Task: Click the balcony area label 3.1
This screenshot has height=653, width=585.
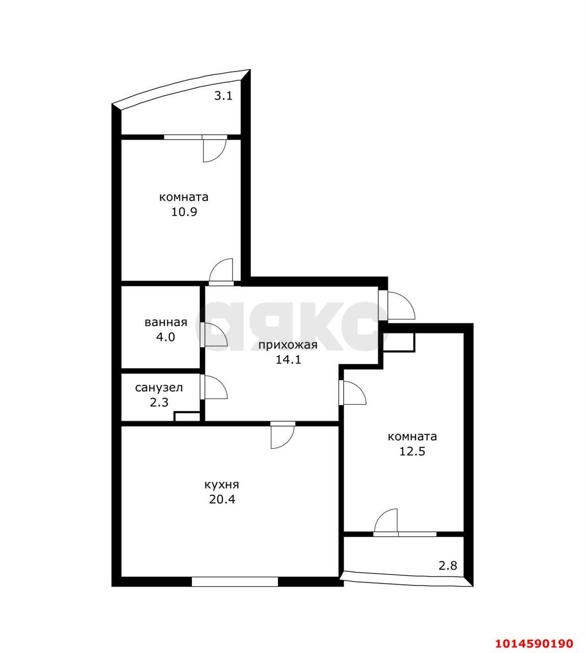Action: click(x=223, y=95)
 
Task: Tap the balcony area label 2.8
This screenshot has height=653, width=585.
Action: click(x=448, y=565)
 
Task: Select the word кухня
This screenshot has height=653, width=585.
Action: click(x=221, y=485)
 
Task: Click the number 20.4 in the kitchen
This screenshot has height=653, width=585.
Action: click(x=221, y=499)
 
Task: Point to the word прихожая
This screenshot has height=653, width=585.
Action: click(x=288, y=345)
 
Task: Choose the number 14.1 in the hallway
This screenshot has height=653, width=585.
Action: click(x=288, y=360)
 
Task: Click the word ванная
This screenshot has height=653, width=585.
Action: click(x=166, y=322)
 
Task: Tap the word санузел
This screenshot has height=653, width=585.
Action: click(x=159, y=388)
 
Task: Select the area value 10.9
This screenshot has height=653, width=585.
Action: click(x=184, y=212)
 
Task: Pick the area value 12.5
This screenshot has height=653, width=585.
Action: click(x=412, y=451)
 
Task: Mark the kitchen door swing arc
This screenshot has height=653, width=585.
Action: click(x=283, y=436)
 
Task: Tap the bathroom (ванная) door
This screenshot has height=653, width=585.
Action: click(x=214, y=335)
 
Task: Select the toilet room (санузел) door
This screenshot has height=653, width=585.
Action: click(x=214, y=387)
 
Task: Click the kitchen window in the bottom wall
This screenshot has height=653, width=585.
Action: click(x=235, y=581)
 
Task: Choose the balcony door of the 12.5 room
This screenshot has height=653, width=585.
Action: click(x=387, y=522)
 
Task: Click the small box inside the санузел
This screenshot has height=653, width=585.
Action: click(x=187, y=417)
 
